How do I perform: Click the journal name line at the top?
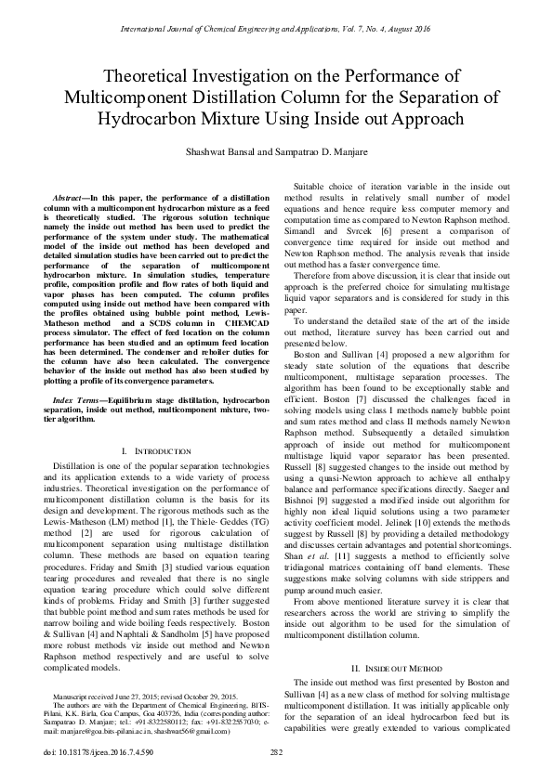276,30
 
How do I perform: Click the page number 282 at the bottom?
276,751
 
